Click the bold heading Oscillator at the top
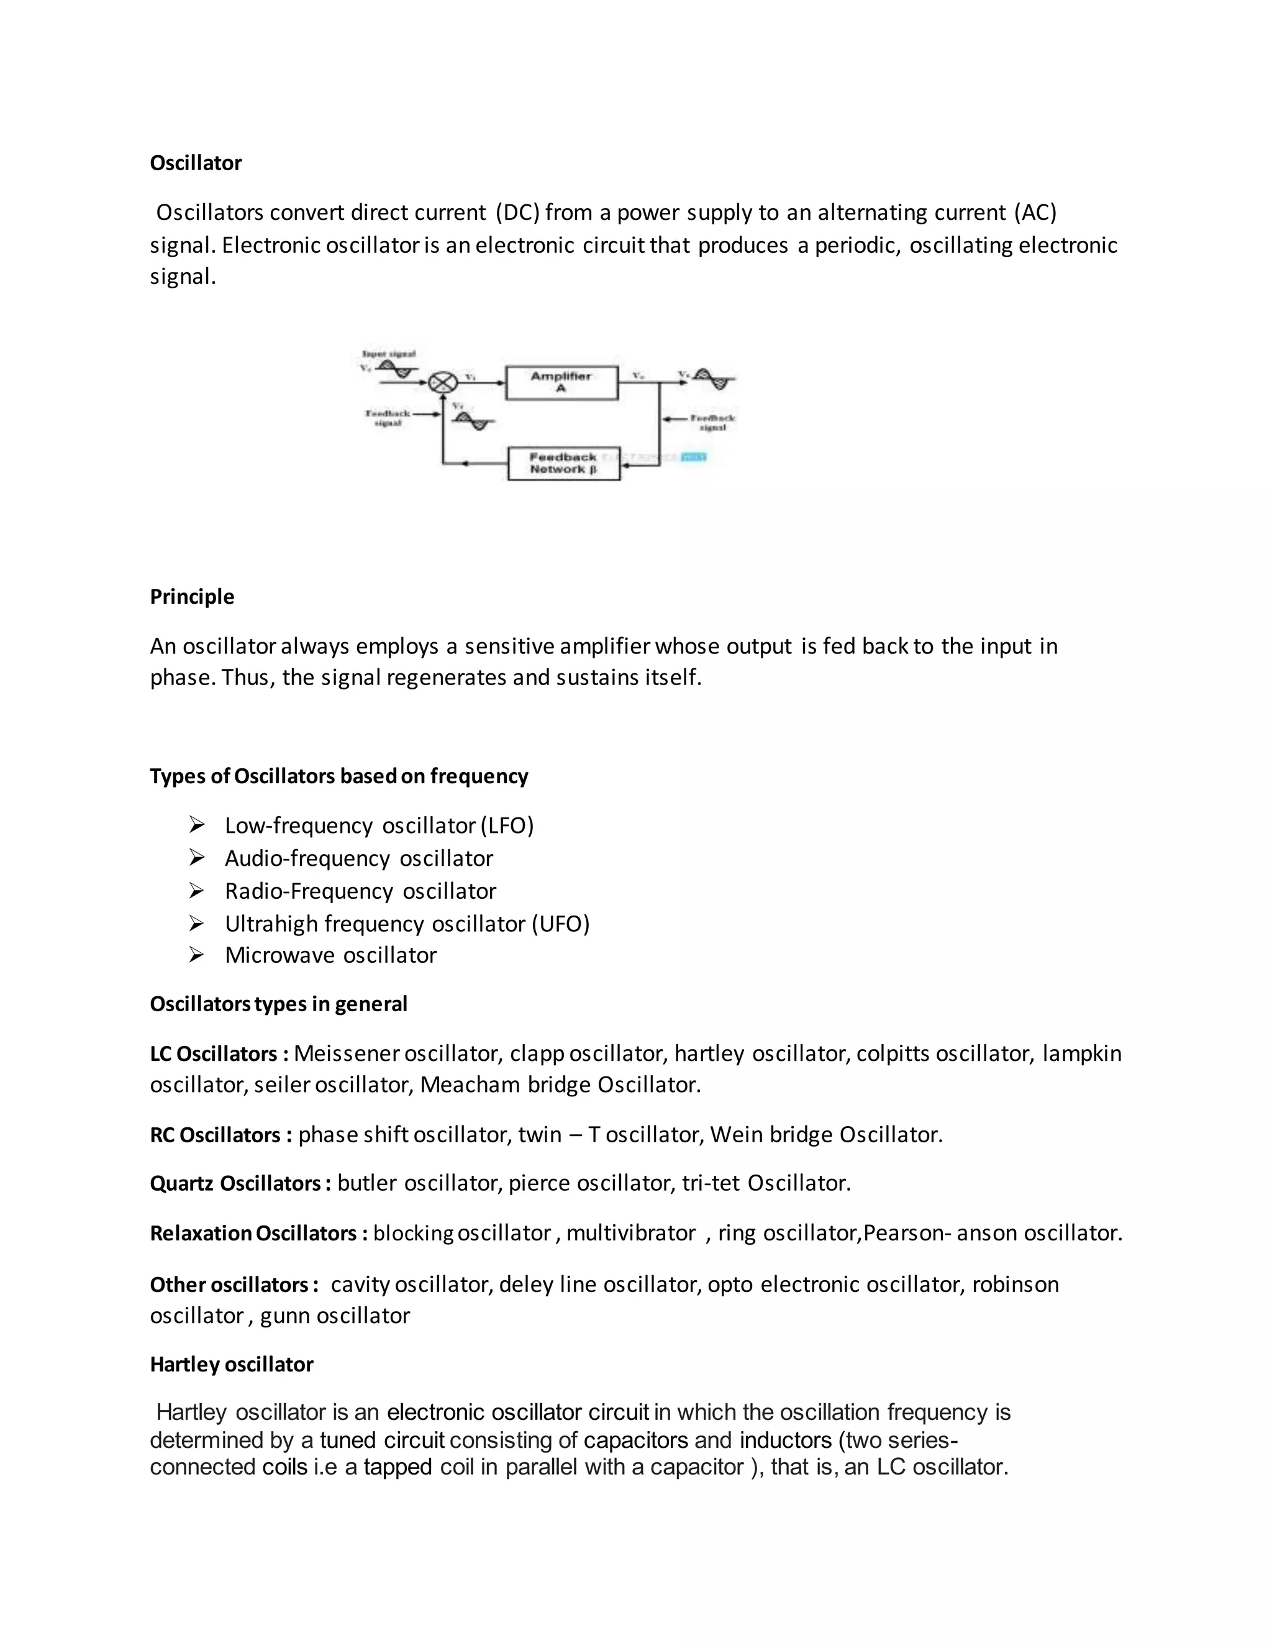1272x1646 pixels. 195,163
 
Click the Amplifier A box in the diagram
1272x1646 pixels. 561,382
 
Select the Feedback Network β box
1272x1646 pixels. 564,463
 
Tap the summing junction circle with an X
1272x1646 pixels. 442,383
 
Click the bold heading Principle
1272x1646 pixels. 191,596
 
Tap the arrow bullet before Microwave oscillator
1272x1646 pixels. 197,955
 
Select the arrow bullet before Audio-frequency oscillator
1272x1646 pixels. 197,858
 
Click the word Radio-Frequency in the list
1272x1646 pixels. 309,891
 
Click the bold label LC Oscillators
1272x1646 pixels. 214,1053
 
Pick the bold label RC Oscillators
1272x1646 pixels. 216,1134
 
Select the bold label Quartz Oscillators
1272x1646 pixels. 235,1183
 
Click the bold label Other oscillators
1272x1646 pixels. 229,1285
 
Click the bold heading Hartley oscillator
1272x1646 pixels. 231,1364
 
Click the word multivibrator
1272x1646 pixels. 631,1233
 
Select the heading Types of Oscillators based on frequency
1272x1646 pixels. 338,776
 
